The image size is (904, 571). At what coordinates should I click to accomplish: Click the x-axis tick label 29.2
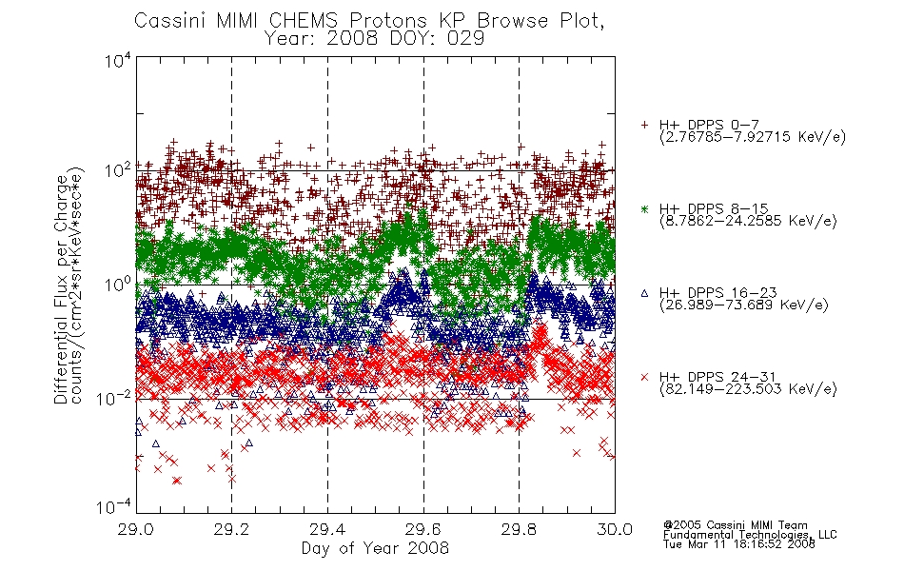(x=231, y=529)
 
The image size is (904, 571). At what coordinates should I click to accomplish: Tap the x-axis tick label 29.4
(x=327, y=529)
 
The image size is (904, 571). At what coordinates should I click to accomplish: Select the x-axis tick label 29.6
(x=423, y=529)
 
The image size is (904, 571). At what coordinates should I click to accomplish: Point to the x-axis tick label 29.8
(x=519, y=529)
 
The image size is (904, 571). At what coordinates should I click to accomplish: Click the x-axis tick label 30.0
(x=615, y=529)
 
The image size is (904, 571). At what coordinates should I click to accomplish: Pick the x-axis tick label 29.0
(x=135, y=529)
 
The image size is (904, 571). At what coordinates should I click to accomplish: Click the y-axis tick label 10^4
(x=118, y=61)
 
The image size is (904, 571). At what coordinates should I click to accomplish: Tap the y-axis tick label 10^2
(x=118, y=171)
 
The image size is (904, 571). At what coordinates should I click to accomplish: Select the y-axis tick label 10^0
(x=118, y=285)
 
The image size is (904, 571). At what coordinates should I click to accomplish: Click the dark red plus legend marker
(x=644, y=125)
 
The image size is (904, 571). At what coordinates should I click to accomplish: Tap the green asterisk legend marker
(x=644, y=208)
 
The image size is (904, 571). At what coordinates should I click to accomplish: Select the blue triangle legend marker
(x=644, y=293)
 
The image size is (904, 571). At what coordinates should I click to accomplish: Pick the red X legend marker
(x=644, y=377)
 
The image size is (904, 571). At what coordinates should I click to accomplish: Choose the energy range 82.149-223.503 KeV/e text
(x=748, y=389)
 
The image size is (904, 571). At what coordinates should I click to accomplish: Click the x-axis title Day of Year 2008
(x=375, y=548)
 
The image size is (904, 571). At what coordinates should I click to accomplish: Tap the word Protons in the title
(x=387, y=20)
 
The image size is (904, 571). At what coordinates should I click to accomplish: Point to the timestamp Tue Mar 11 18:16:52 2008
(x=738, y=544)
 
